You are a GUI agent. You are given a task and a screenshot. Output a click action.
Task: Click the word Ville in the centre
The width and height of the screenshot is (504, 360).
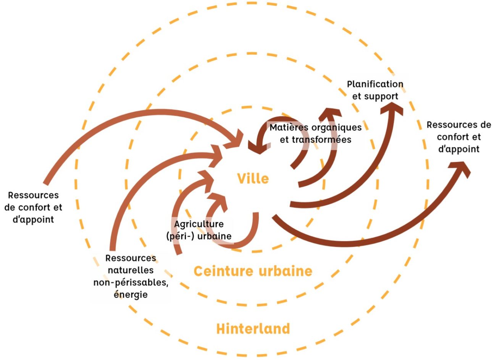pos(253,178)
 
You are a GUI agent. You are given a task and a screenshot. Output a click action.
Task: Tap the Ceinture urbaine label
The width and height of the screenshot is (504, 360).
pos(253,271)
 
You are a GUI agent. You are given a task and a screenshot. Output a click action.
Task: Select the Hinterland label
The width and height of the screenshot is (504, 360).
pos(253,329)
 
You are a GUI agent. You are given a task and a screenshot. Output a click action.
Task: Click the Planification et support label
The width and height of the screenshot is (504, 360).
pos(375,90)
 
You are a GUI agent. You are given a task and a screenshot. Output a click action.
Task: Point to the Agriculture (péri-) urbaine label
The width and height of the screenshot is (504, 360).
pos(199,230)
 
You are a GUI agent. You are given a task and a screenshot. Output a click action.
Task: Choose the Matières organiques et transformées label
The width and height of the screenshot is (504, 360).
pos(315,133)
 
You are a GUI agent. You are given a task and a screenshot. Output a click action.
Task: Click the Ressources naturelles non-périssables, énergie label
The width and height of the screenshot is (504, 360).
pos(131,276)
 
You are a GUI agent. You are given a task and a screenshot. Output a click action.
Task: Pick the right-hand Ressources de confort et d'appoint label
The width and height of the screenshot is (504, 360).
pos(459,137)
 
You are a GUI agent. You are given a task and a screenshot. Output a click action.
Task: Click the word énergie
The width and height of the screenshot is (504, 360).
pos(131,295)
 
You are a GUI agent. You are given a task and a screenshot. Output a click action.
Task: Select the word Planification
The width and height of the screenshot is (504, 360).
pos(375,84)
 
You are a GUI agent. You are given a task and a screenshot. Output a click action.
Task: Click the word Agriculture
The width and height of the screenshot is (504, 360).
pos(199,224)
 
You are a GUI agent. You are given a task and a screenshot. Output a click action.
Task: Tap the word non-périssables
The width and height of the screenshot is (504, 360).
pos(131,283)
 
